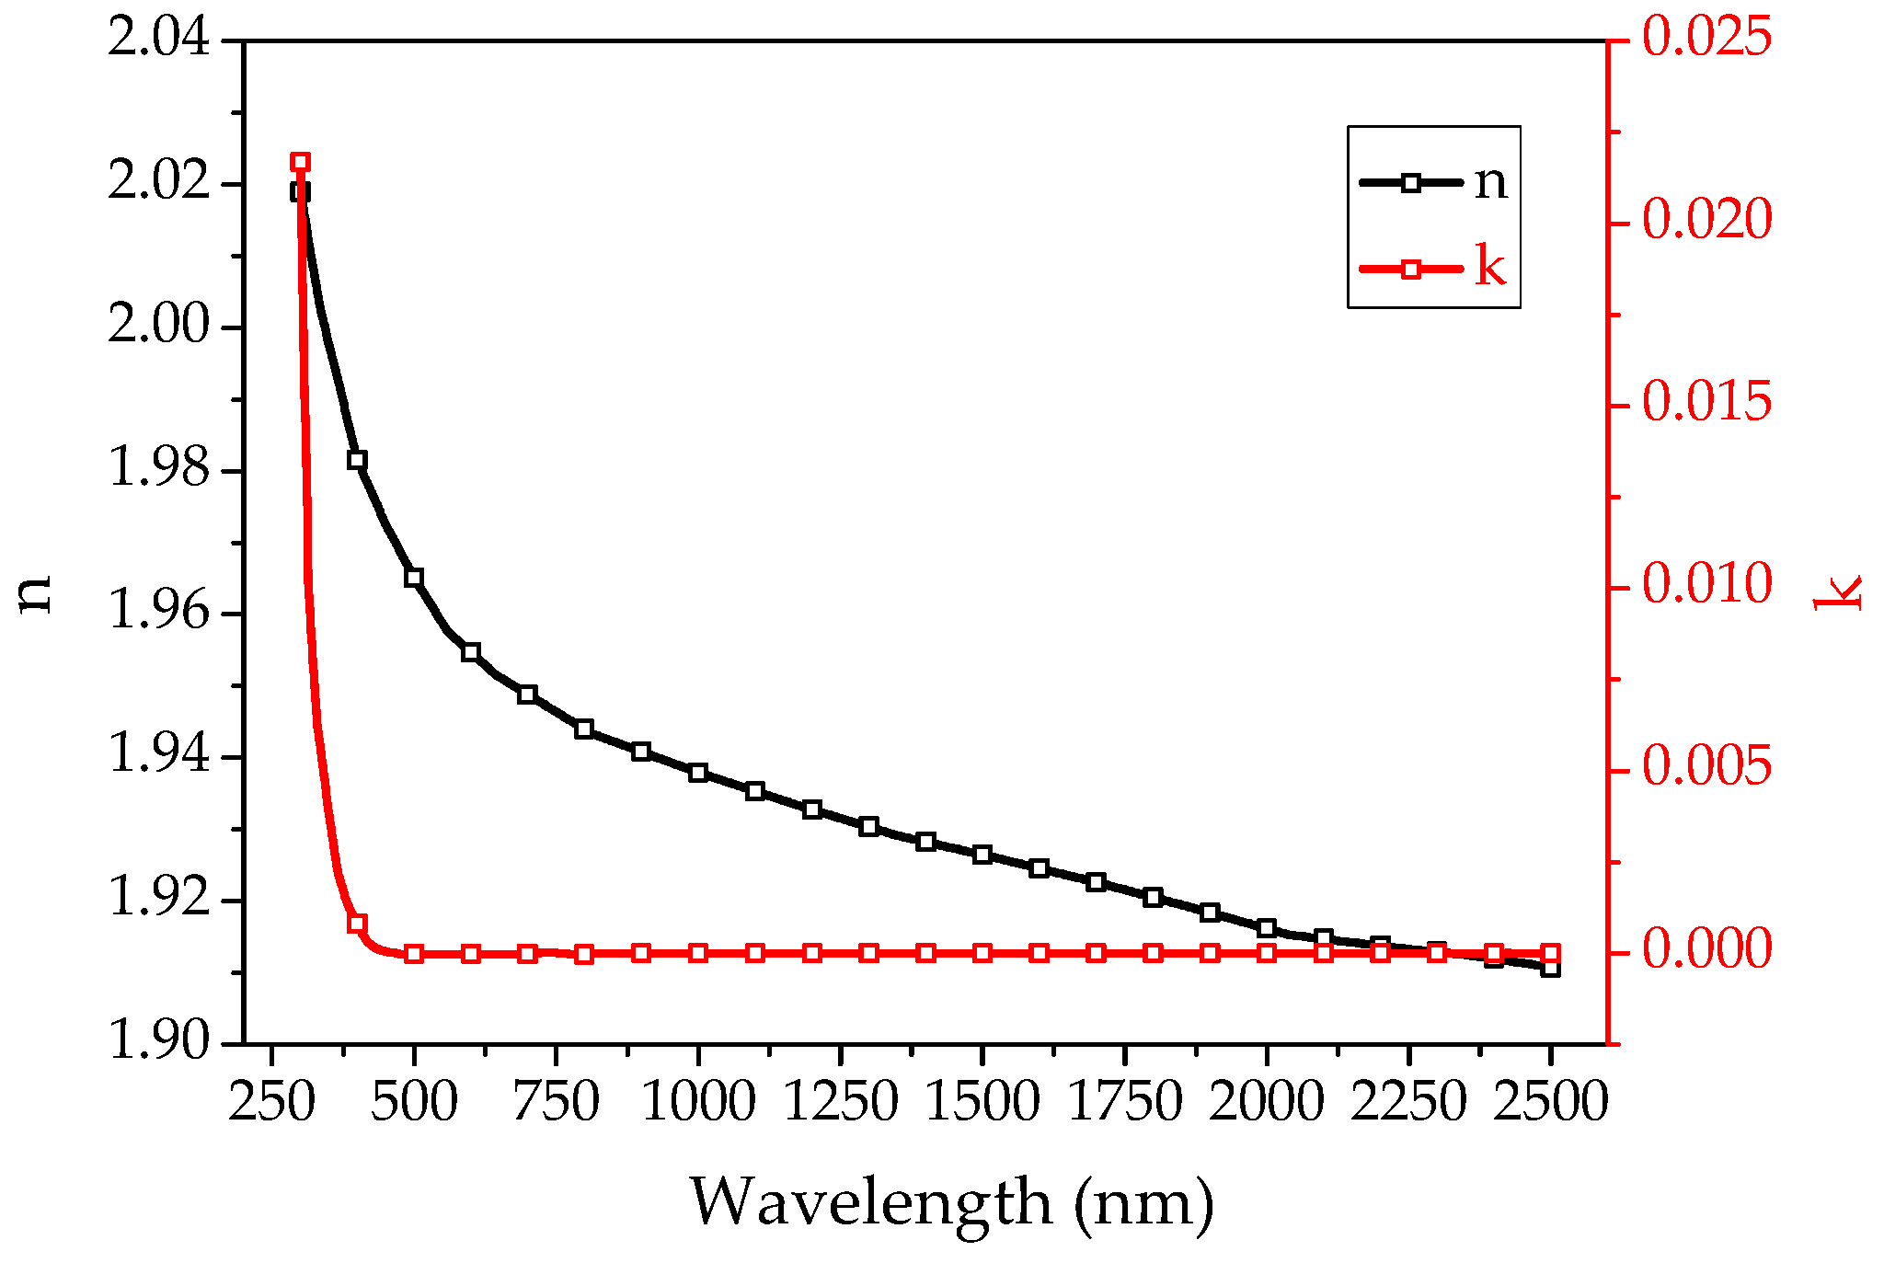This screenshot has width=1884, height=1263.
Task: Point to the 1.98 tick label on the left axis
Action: pyautogui.click(x=158, y=470)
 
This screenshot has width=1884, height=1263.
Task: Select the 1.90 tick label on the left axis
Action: pyautogui.click(x=158, y=1042)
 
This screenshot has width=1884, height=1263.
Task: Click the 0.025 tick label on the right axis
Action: pyautogui.click(x=1706, y=40)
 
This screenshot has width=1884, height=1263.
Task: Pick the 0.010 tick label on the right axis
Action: pyautogui.click(x=1706, y=586)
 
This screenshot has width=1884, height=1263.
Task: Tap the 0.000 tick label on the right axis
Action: pyautogui.click(x=1706, y=950)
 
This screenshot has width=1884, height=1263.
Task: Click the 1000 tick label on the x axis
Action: pyautogui.click(x=698, y=1101)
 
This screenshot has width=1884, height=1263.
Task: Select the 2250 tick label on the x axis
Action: pyautogui.click(x=1407, y=1101)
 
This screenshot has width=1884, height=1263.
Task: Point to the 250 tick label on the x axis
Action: pyautogui.click(x=271, y=1101)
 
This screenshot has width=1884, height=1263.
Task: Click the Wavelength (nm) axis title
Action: pyautogui.click(x=952, y=1202)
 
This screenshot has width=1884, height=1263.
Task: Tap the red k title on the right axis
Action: pyautogui.click(x=1836, y=591)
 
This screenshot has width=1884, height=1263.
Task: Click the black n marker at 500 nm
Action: pyautogui.click(x=414, y=578)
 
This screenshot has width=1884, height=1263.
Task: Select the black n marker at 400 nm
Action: pyautogui.click(x=357, y=460)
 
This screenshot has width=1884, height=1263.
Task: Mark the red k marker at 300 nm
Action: pyautogui.click(x=300, y=163)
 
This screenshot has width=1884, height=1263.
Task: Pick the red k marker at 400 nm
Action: pyautogui.click(x=357, y=924)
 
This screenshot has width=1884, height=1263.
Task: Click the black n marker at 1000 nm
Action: pyautogui.click(x=698, y=773)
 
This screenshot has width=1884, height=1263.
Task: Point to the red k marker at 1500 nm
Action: pyautogui.click(x=982, y=953)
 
